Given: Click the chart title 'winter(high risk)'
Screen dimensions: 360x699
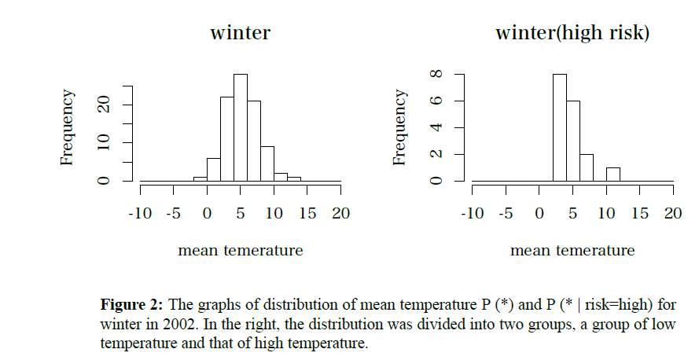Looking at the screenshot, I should pyautogui.click(x=572, y=34).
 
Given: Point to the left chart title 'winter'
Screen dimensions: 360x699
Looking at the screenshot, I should pyautogui.click(x=240, y=34).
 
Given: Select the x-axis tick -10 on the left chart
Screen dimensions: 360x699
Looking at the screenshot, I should pyautogui.click(x=140, y=213).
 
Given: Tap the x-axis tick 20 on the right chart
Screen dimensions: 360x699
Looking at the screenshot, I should pyautogui.click(x=673, y=213).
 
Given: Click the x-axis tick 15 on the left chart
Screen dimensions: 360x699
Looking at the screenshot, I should pyautogui.click(x=307, y=213).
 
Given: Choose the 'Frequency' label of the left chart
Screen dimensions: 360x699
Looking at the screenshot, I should pyautogui.click(x=68, y=127).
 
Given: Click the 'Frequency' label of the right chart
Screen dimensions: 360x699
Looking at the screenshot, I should pyautogui.click(x=400, y=127).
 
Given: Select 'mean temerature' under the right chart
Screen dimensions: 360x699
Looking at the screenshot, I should pyautogui.click(x=572, y=251).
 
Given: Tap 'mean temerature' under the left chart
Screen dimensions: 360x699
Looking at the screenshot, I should pyautogui.click(x=240, y=251).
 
